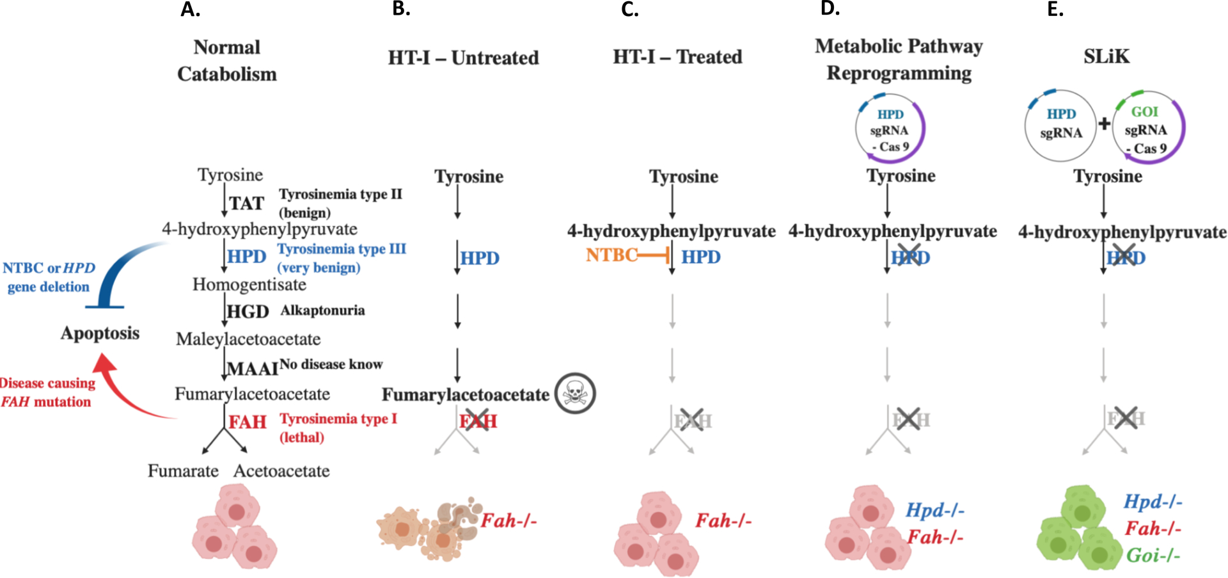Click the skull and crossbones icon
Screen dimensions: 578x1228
[x=575, y=393]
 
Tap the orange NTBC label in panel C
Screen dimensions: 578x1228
[x=611, y=255]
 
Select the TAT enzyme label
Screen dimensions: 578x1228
[x=247, y=204]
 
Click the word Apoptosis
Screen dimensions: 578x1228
[x=100, y=333]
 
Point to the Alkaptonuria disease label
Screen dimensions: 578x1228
[x=322, y=310]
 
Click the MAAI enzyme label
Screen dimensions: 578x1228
[x=252, y=369]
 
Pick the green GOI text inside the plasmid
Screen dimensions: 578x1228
[x=1144, y=111]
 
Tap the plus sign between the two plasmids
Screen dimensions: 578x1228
[x=1104, y=123]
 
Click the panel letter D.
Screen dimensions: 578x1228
[x=830, y=8]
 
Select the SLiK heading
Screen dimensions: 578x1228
[x=1106, y=56]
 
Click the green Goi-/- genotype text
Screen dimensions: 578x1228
[x=1153, y=555]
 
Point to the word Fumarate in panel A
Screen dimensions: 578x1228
[x=183, y=471]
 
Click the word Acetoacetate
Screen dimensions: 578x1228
[x=281, y=471]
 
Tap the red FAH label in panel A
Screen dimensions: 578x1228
[x=248, y=422]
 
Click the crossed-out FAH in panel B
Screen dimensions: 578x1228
[x=477, y=421]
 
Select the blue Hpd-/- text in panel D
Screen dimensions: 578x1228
[x=934, y=510]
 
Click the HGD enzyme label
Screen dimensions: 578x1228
[x=248, y=312]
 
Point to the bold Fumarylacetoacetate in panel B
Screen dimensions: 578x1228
[x=465, y=395]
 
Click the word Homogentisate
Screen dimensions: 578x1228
[x=249, y=284]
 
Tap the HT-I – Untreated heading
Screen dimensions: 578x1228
[x=463, y=58]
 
